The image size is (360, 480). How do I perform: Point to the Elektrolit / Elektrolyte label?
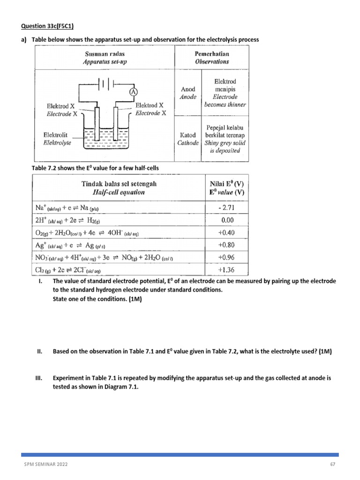pyautogui.click(x=57, y=139)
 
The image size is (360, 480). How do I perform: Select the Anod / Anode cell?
pyautogui.click(x=188, y=93)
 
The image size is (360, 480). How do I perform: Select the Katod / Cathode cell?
pyautogui.click(x=188, y=139)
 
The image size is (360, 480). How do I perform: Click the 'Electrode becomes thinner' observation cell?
pyautogui.click(x=225, y=93)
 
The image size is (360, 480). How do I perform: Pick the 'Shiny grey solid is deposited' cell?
pyautogui.click(x=225, y=139)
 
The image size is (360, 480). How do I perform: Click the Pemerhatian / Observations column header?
pyautogui.click(x=212, y=58)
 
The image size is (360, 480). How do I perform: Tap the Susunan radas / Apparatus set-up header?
pyautogui.click(x=104, y=58)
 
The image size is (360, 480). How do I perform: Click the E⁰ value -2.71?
pyautogui.click(x=226, y=207)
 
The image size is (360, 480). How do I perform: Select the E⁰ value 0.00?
pyautogui.click(x=226, y=219)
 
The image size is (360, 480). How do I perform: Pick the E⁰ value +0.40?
pyautogui.click(x=226, y=232)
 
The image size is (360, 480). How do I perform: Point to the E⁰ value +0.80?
pyautogui.click(x=226, y=245)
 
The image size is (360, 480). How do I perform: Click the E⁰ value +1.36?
pyautogui.click(x=226, y=270)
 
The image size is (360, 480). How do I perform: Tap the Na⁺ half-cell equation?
pyautogui.click(x=67, y=207)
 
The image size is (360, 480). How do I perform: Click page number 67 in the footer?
pyautogui.click(x=333, y=465)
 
